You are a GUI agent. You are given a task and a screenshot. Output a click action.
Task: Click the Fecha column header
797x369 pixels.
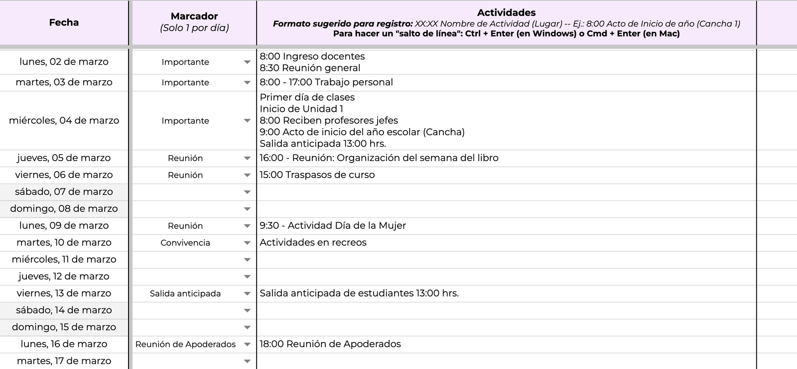tap(64, 22)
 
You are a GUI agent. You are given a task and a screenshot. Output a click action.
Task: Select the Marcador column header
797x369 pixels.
tap(194, 16)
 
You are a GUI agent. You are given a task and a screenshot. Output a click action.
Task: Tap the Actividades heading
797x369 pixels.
tap(506, 13)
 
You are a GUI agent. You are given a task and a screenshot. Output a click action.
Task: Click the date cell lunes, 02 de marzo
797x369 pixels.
tap(64, 62)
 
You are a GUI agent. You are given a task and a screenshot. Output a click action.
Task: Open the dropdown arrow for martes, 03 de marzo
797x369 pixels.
tap(247, 83)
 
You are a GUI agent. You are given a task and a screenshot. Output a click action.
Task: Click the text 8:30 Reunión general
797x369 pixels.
tap(310, 68)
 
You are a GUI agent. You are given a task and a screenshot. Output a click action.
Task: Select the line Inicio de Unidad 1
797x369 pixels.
tap(301, 109)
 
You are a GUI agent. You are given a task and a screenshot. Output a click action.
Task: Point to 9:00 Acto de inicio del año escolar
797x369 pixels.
tap(362, 132)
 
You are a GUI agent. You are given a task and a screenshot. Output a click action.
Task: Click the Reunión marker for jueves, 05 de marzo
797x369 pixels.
tap(185, 158)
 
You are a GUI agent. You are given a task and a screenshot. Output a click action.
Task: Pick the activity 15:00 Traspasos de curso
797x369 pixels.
tap(317, 175)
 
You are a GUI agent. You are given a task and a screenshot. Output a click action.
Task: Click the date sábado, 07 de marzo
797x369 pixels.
tap(64, 192)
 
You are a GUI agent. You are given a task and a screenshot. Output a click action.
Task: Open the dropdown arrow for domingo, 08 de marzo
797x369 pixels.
tap(247, 209)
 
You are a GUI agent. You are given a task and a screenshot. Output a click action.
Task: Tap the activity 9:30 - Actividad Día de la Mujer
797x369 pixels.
tap(332, 225)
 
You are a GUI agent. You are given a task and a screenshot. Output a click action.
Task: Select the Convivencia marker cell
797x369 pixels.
tap(185, 243)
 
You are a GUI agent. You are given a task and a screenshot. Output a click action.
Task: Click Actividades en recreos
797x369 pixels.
tap(313, 242)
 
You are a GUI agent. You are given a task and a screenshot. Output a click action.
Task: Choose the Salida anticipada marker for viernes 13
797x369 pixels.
tap(185, 294)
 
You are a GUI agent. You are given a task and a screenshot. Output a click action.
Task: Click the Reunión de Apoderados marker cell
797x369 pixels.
tap(185, 345)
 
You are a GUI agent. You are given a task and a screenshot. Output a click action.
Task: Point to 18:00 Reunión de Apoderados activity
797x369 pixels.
tap(330, 344)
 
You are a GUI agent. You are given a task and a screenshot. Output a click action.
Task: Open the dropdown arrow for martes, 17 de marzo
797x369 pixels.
tap(247, 362)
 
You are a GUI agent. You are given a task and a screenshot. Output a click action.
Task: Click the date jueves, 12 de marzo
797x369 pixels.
tap(64, 276)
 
